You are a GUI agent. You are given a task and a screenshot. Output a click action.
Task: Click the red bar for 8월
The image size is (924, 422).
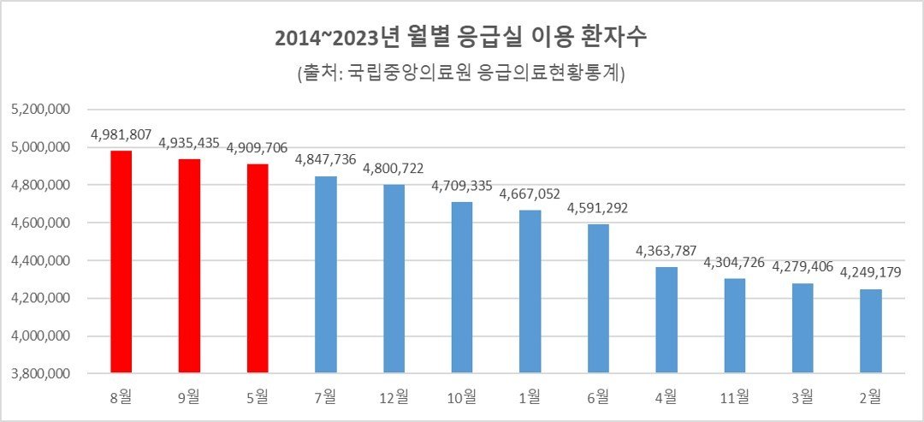(x=121, y=262)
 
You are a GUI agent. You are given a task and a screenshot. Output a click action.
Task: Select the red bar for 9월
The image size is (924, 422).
(x=189, y=266)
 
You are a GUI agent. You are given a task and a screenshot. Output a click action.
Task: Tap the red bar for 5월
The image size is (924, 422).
(x=258, y=269)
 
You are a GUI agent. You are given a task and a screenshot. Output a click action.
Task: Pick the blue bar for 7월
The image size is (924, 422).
(x=326, y=275)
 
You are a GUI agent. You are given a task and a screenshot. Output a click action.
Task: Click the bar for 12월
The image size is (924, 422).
(x=394, y=279)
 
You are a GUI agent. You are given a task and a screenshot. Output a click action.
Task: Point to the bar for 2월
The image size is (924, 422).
(x=871, y=331)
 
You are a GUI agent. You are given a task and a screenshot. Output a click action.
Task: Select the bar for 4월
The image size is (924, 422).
(x=666, y=320)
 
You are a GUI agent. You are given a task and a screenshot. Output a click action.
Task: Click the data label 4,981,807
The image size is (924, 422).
(x=121, y=134)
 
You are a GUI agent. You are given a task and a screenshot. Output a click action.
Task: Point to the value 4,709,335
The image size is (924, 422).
(x=462, y=185)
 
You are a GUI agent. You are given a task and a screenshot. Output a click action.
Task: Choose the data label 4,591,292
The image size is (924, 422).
(x=598, y=207)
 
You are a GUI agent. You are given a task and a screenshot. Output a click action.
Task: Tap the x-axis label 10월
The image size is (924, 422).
(x=462, y=396)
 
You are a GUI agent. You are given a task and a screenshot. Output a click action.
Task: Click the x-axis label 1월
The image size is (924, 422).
(x=530, y=396)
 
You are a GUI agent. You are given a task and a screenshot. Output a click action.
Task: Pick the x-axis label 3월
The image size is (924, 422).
(x=803, y=396)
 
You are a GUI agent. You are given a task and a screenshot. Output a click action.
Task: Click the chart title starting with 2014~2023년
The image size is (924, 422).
(x=461, y=39)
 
